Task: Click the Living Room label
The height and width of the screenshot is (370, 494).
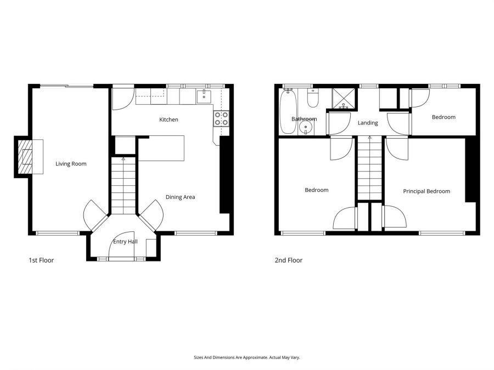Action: point(71,163)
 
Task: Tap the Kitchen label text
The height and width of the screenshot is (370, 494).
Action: point(169,119)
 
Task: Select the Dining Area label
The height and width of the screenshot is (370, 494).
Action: point(181,197)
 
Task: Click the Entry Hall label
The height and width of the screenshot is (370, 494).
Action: point(125,241)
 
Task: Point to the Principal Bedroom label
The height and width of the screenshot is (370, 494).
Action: point(426,191)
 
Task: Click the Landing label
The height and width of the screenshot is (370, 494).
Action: point(368,123)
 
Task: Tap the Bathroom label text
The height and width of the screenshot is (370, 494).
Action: point(304,119)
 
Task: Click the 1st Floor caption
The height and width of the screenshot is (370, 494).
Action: point(41,260)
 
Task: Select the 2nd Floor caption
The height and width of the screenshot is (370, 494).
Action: point(288,260)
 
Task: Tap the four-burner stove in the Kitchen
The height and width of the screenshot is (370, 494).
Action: point(221,119)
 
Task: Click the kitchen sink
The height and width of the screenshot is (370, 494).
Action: point(204,97)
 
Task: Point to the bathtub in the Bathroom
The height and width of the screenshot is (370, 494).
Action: point(287,112)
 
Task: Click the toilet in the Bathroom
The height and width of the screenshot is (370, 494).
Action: point(313,98)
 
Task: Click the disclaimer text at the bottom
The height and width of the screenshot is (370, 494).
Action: point(246,357)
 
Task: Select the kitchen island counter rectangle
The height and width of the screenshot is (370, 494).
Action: point(162,149)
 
